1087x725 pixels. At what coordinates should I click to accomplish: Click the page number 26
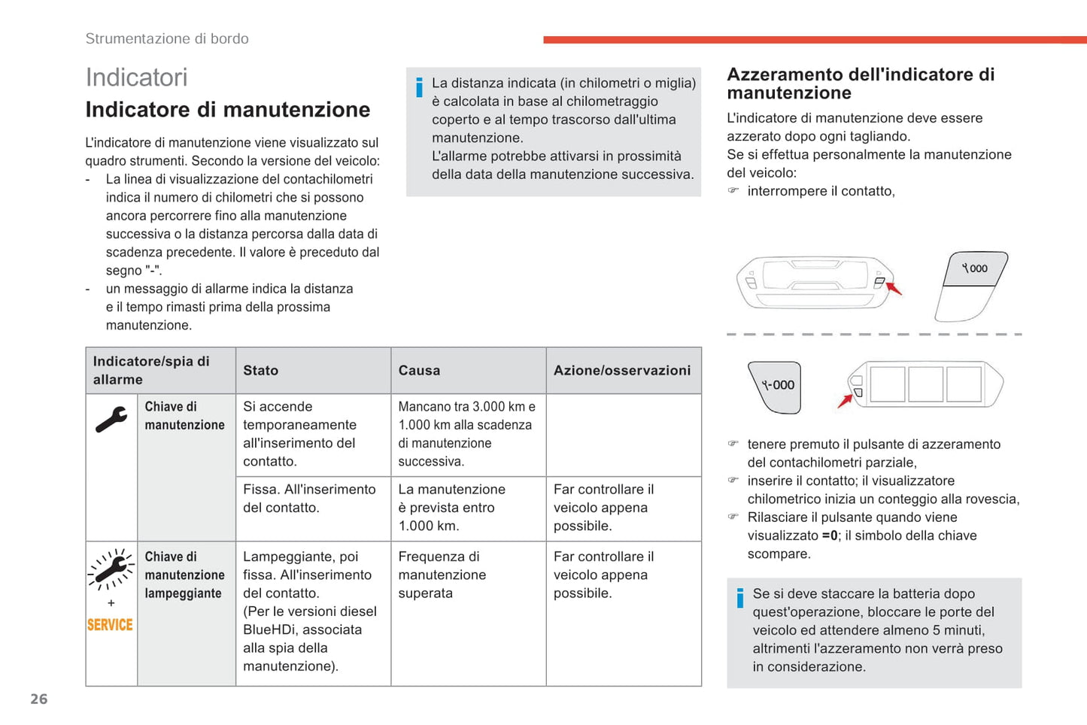(39, 699)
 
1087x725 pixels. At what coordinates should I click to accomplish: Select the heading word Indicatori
(136, 77)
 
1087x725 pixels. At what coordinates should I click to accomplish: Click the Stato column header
(260, 370)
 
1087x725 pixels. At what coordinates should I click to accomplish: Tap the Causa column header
(419, 370)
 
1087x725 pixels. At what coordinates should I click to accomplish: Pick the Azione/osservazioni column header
(621, 370)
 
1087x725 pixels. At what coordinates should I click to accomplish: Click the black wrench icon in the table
(111, 420)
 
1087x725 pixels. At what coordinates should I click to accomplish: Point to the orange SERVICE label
(110, 625)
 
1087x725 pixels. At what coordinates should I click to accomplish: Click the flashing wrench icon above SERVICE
(111, 569)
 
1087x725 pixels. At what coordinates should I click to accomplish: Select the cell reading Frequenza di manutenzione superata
(442, 575)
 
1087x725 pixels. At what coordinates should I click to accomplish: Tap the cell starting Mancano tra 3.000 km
(466, 434)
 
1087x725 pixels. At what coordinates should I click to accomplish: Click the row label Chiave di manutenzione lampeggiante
(184, 575)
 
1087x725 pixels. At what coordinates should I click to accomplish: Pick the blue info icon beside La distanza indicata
(419, 87)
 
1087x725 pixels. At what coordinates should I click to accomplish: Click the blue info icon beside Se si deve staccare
(740, 598)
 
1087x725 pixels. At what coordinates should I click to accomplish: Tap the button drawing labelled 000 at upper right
(975, 268)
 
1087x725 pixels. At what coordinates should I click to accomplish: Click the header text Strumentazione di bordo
(167, 38)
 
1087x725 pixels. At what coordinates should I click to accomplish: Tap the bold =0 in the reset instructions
(830, 535)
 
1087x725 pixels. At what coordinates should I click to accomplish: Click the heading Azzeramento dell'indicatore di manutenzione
(861, 83)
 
